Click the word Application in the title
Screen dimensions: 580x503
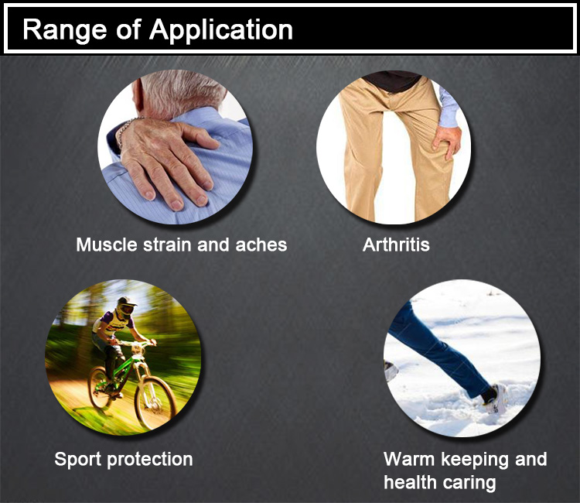pos(221,30)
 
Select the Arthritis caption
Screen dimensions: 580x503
pos(396,245)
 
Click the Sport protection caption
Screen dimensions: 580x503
pos(124,460)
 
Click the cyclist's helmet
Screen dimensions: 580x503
pos(125,306)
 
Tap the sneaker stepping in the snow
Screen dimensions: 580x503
pos(495,399)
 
